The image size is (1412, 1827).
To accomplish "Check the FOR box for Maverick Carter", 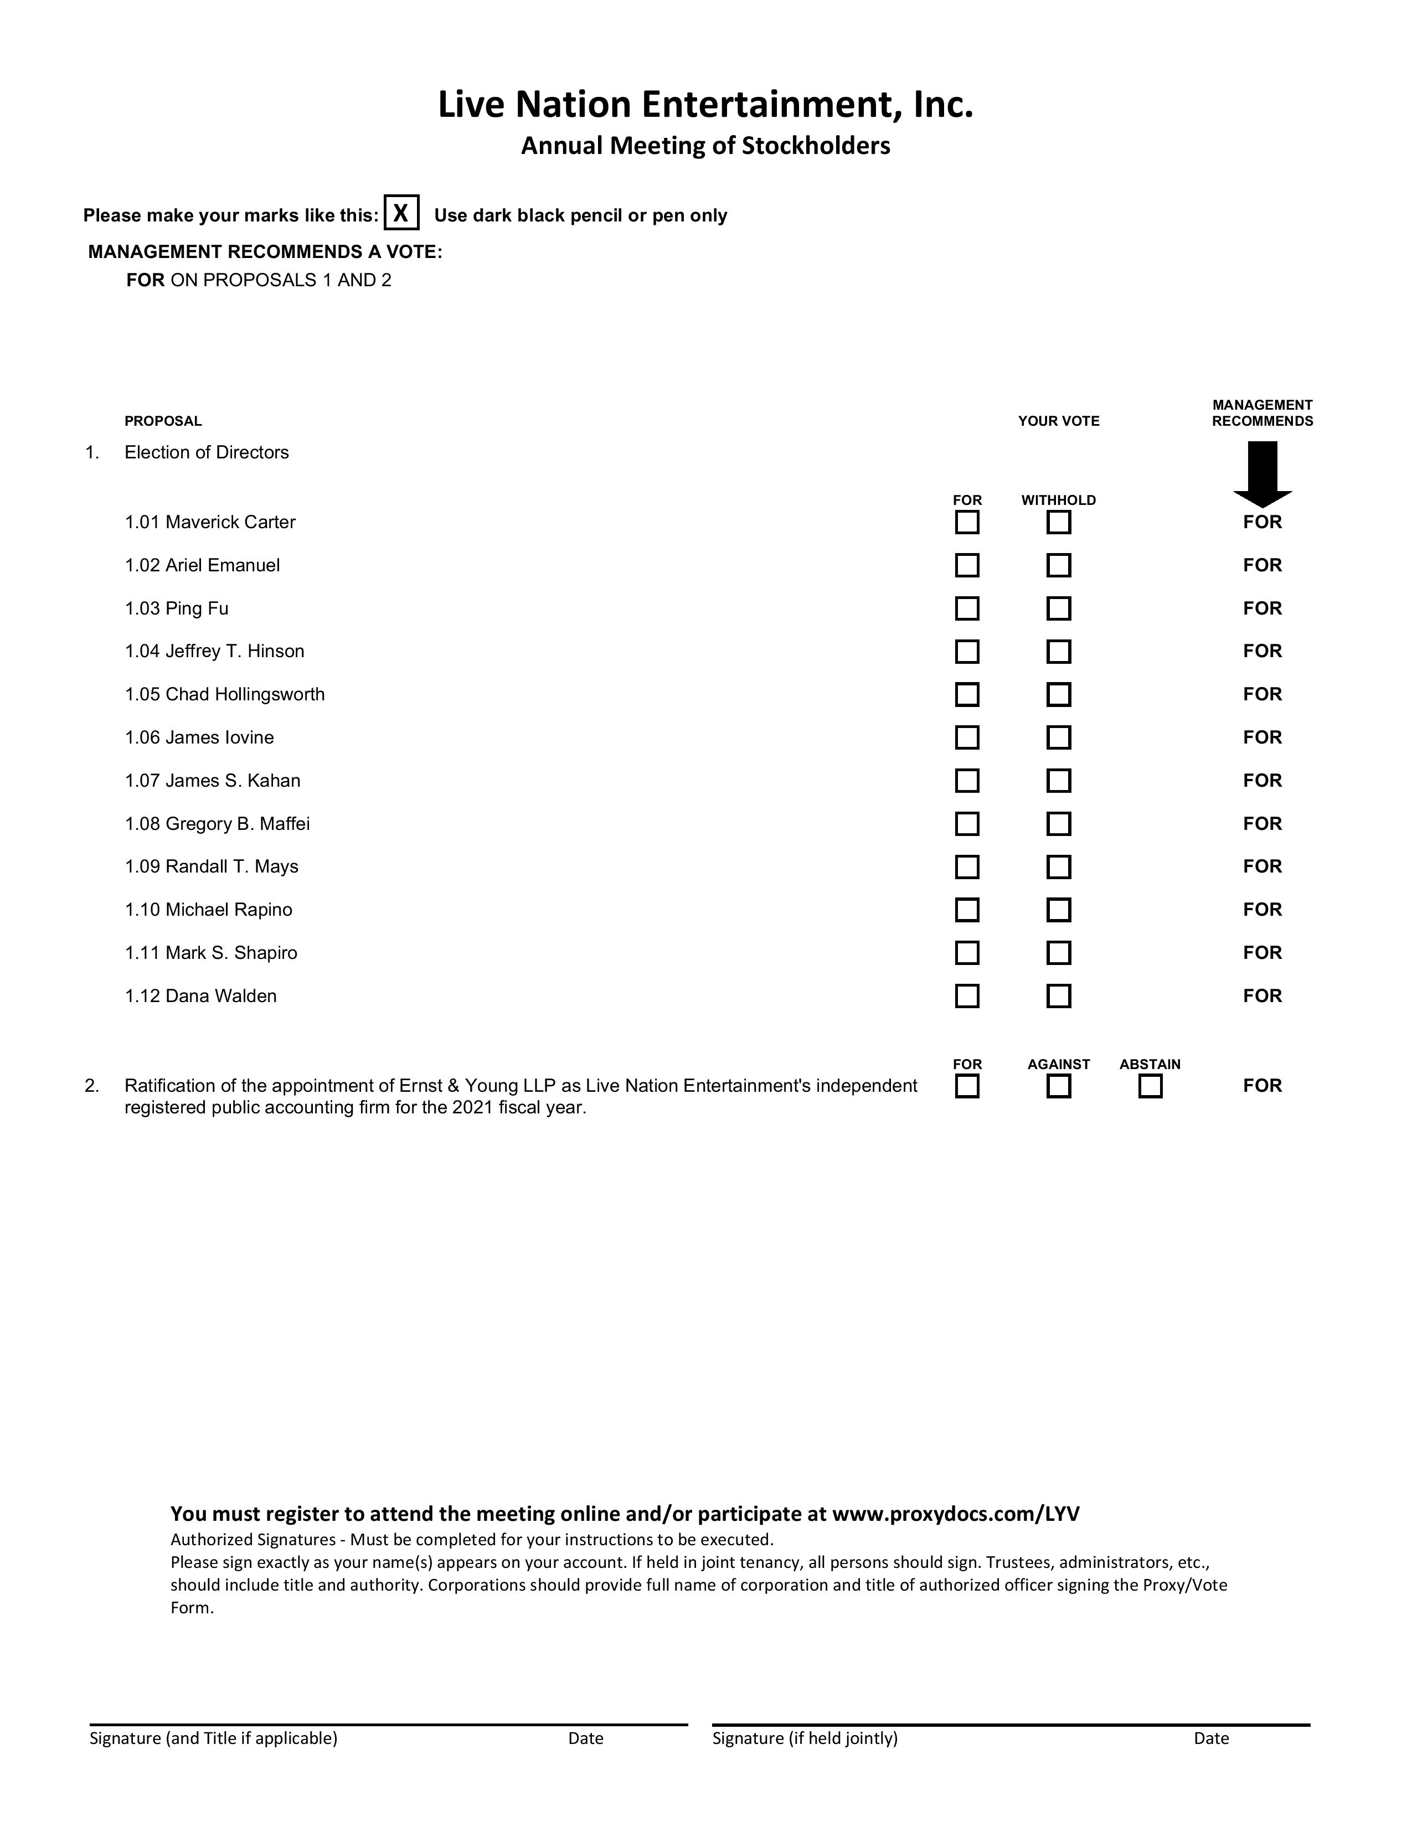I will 967,523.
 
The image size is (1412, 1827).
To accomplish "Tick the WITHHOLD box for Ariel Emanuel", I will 1059,565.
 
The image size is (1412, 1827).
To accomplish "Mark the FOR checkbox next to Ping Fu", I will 967,608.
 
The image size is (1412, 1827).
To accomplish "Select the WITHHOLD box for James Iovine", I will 1059,738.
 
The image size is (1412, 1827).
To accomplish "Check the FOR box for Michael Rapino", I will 967,910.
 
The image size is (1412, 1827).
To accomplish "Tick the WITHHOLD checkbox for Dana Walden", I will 1059,997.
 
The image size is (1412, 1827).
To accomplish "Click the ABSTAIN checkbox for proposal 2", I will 1150,1087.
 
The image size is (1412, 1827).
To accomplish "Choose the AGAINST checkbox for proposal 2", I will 1059,1087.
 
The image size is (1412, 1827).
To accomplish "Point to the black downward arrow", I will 1262,473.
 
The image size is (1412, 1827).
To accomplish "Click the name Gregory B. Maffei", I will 238,824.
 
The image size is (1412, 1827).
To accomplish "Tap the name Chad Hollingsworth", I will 245,694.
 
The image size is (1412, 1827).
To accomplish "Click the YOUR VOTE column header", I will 1058,421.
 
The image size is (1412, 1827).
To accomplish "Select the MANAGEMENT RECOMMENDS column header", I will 1262,413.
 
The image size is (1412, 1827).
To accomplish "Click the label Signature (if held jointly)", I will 805,1738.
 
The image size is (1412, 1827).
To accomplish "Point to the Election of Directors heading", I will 207,452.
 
